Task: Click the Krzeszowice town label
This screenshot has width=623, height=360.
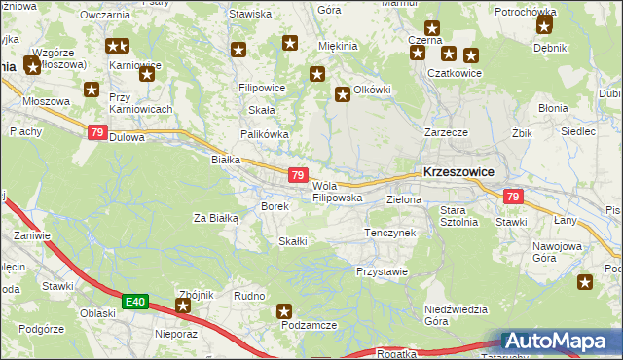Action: [x=458, y=171]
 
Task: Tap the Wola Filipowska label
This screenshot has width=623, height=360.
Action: [x=338, y=192]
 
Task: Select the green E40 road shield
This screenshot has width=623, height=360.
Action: [x=135, y=303]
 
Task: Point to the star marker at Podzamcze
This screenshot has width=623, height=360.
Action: [x=284, y=312]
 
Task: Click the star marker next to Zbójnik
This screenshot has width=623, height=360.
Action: [x=182, y=306]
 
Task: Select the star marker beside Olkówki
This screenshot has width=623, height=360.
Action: [x=343, y=94]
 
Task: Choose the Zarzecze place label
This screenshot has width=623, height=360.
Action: [x=446, y=131]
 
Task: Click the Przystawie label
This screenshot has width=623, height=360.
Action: [x=382, y=271]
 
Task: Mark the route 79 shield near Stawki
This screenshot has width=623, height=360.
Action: [x=514, y=197]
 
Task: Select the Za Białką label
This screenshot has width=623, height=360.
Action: [x=216, y=218]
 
